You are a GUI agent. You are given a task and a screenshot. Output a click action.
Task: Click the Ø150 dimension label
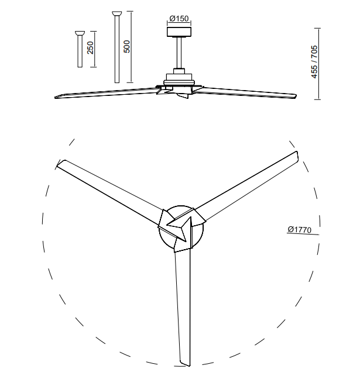point(179,18)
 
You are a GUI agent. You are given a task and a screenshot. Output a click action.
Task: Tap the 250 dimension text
point(90,47)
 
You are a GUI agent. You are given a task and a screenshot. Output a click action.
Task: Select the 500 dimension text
point(126,46)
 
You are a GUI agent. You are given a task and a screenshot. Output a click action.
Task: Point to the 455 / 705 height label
point(314,61)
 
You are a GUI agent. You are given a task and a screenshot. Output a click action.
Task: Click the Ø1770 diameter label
point(300,229)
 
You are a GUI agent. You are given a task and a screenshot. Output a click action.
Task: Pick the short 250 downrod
point(80,49)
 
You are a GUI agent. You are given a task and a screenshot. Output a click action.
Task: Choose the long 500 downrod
point(117,47)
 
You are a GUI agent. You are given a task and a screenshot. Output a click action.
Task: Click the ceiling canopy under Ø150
point(179,32)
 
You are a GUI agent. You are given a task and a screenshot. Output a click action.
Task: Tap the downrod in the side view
point(179,53)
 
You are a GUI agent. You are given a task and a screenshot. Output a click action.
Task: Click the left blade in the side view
point(106,93)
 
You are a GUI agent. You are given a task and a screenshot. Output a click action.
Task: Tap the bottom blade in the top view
point(183,307)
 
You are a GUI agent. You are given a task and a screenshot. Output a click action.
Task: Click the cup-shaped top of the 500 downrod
point(117,13)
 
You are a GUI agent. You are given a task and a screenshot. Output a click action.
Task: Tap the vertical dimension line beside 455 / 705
point(320,64)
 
